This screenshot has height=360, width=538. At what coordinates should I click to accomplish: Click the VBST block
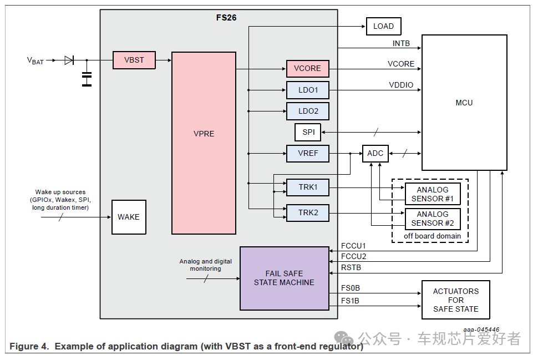tap(134, 60)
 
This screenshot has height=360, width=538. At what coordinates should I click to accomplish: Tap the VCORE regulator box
tap(307, 69)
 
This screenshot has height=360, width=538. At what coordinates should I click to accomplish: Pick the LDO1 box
tap(308, 90)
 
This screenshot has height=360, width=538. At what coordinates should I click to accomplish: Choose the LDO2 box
tap(308, 111)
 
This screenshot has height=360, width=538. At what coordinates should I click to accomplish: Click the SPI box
tap(308, 132)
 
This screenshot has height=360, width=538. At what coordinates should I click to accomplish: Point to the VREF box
tap(308, 153)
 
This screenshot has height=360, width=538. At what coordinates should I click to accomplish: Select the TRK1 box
tap(308, 187)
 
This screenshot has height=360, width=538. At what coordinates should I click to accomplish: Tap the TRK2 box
tap(308, 212)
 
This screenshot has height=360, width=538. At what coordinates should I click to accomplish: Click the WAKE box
tap(129, 217)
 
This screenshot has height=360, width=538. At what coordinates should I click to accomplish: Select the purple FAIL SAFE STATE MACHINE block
tap(284, 278)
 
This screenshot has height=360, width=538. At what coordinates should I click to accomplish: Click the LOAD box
tap(383, 26)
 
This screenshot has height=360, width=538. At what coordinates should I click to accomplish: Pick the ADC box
tap(375, 153)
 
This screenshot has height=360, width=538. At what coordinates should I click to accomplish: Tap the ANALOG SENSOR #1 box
tap(433, 194)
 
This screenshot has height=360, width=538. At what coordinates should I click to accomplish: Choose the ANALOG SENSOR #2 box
tap(433, 219)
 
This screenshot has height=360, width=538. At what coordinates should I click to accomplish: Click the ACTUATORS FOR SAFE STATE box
tap(455, 300)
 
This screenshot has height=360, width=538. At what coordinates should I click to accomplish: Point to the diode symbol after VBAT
tap(69, 60)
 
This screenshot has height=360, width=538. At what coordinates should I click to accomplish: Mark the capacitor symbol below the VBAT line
tap(87, 79)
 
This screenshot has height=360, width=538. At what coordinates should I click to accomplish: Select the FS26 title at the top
tap(226, 18)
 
